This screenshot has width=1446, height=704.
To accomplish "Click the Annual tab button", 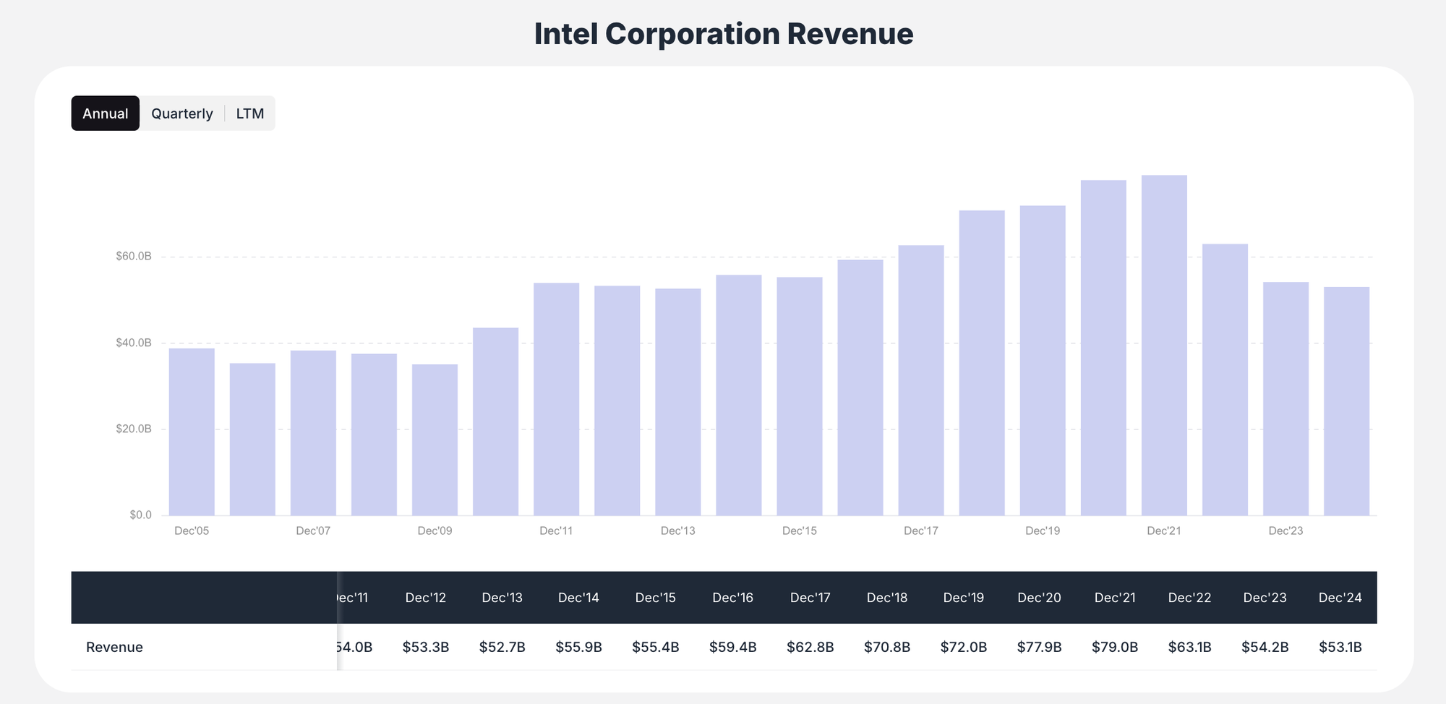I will coord(105,113).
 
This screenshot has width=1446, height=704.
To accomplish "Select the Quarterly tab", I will coord(181,113).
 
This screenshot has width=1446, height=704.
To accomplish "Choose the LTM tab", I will coord(249,113).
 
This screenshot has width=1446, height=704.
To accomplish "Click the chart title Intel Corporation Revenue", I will coord(723,34).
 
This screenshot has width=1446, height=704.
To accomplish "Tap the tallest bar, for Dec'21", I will coord(1164,347).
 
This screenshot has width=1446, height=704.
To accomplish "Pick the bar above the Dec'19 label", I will coord(1043,361).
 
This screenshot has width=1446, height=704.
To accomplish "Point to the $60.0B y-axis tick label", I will coord(134,257).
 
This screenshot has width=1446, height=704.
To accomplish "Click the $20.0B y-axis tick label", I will coord(134,429).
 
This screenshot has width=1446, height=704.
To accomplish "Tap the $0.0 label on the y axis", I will coord(140,515).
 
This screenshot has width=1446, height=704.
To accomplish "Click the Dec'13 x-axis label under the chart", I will coord(677,531).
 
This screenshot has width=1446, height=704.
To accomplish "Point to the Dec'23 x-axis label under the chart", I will coord(1285,531).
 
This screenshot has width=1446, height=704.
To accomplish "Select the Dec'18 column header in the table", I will coord(886,598).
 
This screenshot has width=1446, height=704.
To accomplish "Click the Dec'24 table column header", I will coord(1340,598).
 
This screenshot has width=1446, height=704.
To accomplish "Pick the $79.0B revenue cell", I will coord(1114,647).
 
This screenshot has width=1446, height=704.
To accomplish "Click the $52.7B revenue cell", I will coord(502,647).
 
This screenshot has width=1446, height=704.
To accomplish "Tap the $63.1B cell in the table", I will coord(1189,647).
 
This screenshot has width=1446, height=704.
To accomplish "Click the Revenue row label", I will coord(114,647).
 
